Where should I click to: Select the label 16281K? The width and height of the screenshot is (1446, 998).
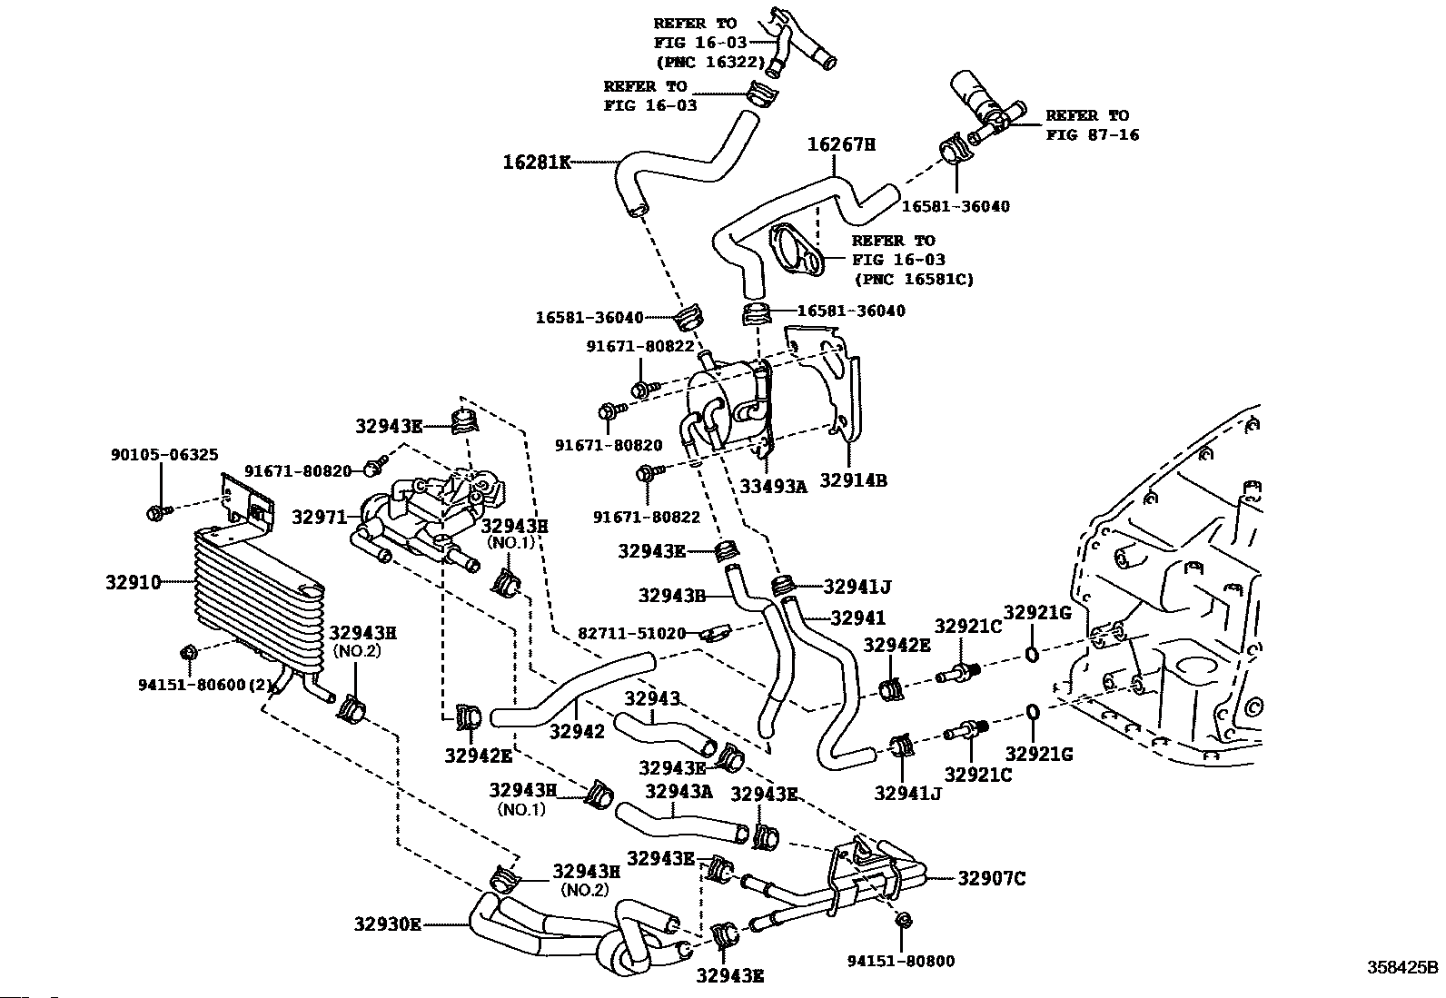(x=537, y=163)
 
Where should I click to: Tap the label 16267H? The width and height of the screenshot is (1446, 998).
(x=841, y=144)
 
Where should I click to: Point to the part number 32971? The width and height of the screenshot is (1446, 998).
(x=319, y=518)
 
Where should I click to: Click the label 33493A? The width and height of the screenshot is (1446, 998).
(x=773, y=486)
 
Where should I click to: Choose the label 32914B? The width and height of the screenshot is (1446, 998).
(x=854, y=480)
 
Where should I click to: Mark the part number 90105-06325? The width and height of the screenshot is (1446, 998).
(x=152, y=454)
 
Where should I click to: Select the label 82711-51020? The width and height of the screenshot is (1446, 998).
(x=632, y=633)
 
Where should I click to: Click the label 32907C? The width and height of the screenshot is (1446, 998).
(x=991, y=877)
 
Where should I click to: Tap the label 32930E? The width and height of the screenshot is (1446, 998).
(x=388, y=924)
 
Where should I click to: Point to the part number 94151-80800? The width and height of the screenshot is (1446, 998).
(x=901, y=960)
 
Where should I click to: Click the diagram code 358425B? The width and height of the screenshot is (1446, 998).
(x=1403, y=967)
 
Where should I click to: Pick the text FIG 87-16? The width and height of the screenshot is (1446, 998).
(x=1092, y=134)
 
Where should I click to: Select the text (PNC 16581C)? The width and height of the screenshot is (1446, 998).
(x=913, y=279)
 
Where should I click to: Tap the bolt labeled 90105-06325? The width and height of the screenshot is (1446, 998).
(x=154, y=514)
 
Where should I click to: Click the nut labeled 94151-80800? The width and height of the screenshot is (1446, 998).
(x=902, y=920)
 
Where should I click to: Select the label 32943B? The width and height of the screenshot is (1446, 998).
(x=671, y=595)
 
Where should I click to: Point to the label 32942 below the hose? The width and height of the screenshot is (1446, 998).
(x=577, y=731)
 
